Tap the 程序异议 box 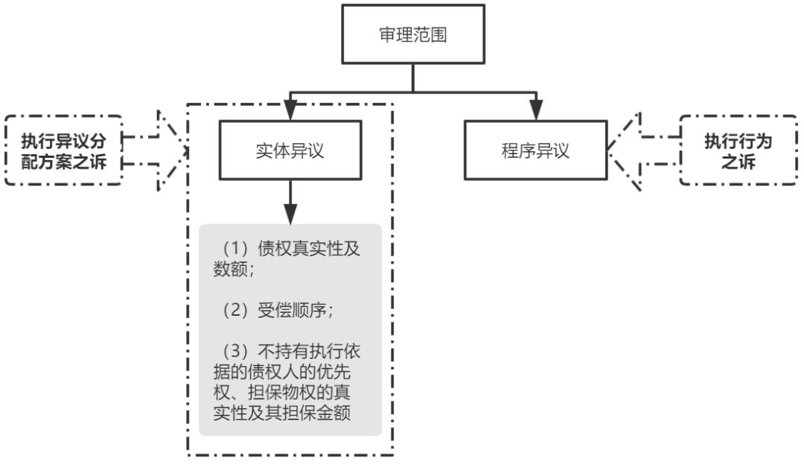[x=535, y=150]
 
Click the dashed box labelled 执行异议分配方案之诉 [x=63, y=150]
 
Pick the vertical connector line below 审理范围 [x=411, y=79]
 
